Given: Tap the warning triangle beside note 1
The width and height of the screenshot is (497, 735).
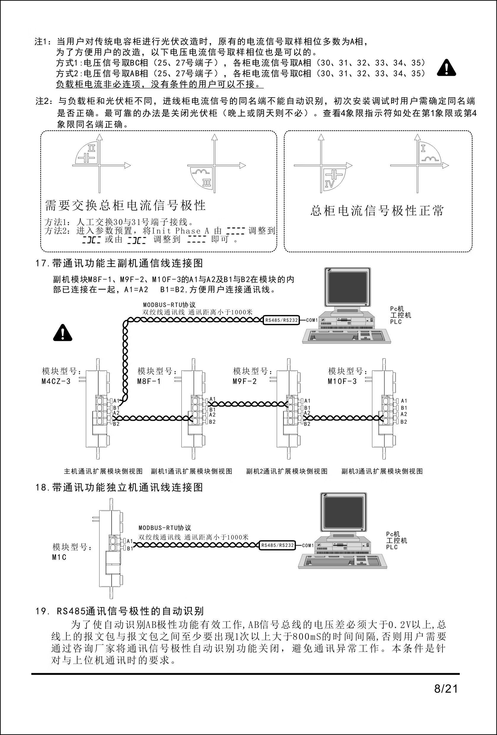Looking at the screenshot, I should (x=446, y=68).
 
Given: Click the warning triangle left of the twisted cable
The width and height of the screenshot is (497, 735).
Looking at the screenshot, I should (x=62, y=333).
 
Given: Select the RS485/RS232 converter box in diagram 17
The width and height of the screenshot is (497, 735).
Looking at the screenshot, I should (x=282, y=320).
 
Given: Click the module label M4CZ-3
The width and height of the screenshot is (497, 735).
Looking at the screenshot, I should (x=56, y=381).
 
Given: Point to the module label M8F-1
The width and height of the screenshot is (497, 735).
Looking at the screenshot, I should (x=149, y=381).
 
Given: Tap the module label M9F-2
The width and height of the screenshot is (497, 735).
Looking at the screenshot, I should (x=245, y=381).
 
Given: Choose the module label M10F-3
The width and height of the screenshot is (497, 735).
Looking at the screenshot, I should (x=342, y=381).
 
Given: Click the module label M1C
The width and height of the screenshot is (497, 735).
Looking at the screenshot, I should (x=59, y=557).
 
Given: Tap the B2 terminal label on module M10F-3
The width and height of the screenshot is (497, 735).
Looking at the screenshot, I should (x=404, y=422).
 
